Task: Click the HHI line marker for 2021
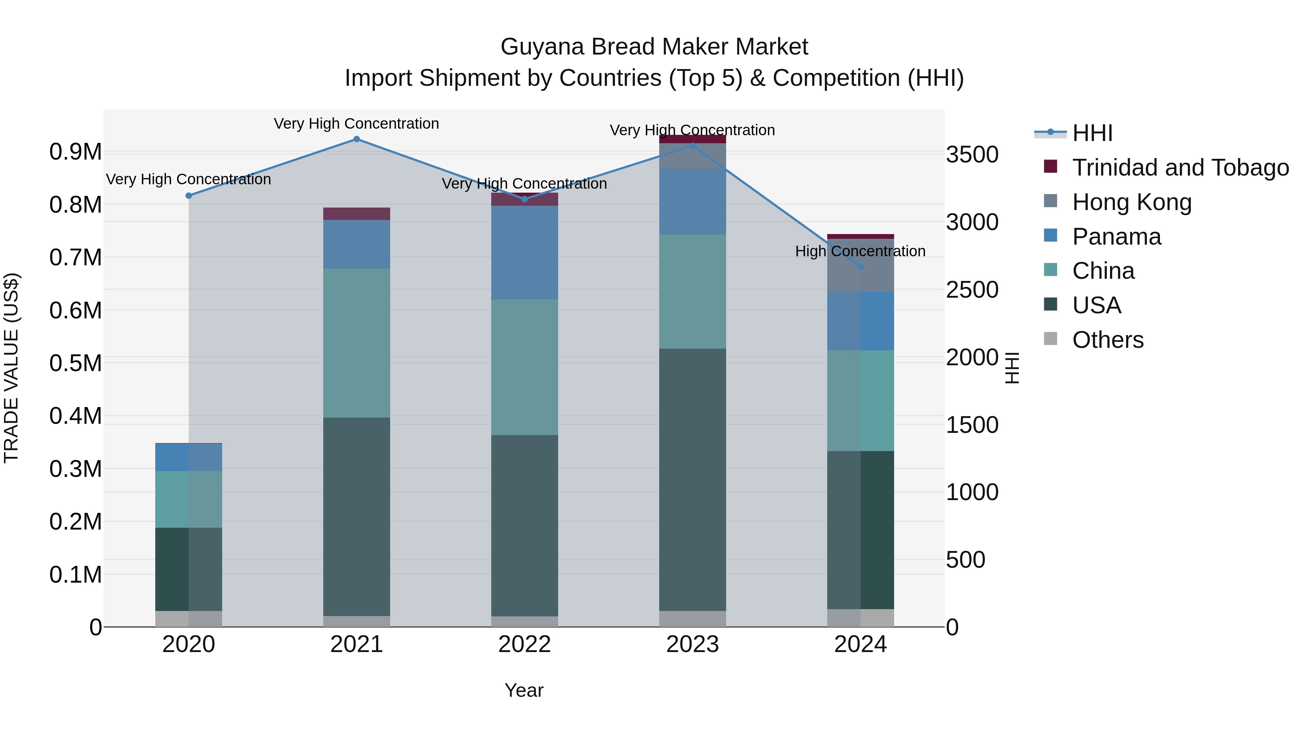[x=356, y=139]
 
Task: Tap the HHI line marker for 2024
[x=860, y=267]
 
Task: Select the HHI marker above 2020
[x=188, y=196]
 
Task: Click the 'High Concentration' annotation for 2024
[x=860, y=251]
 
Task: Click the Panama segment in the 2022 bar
[x=524, y=253]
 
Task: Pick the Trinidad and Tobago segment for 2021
[x=356, y=214]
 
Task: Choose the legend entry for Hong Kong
[x=1132, y=202]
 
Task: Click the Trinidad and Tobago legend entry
[x=1180, y=168]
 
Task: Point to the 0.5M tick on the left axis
[x=75, y=363]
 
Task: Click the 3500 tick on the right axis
[x=972, y=154]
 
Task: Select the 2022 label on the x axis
[x=524, y=644]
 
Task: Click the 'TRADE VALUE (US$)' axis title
[x=11, y=368]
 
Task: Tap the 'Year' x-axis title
[x=524, y=690]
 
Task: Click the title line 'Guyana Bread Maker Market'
[x=654, y=47]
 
